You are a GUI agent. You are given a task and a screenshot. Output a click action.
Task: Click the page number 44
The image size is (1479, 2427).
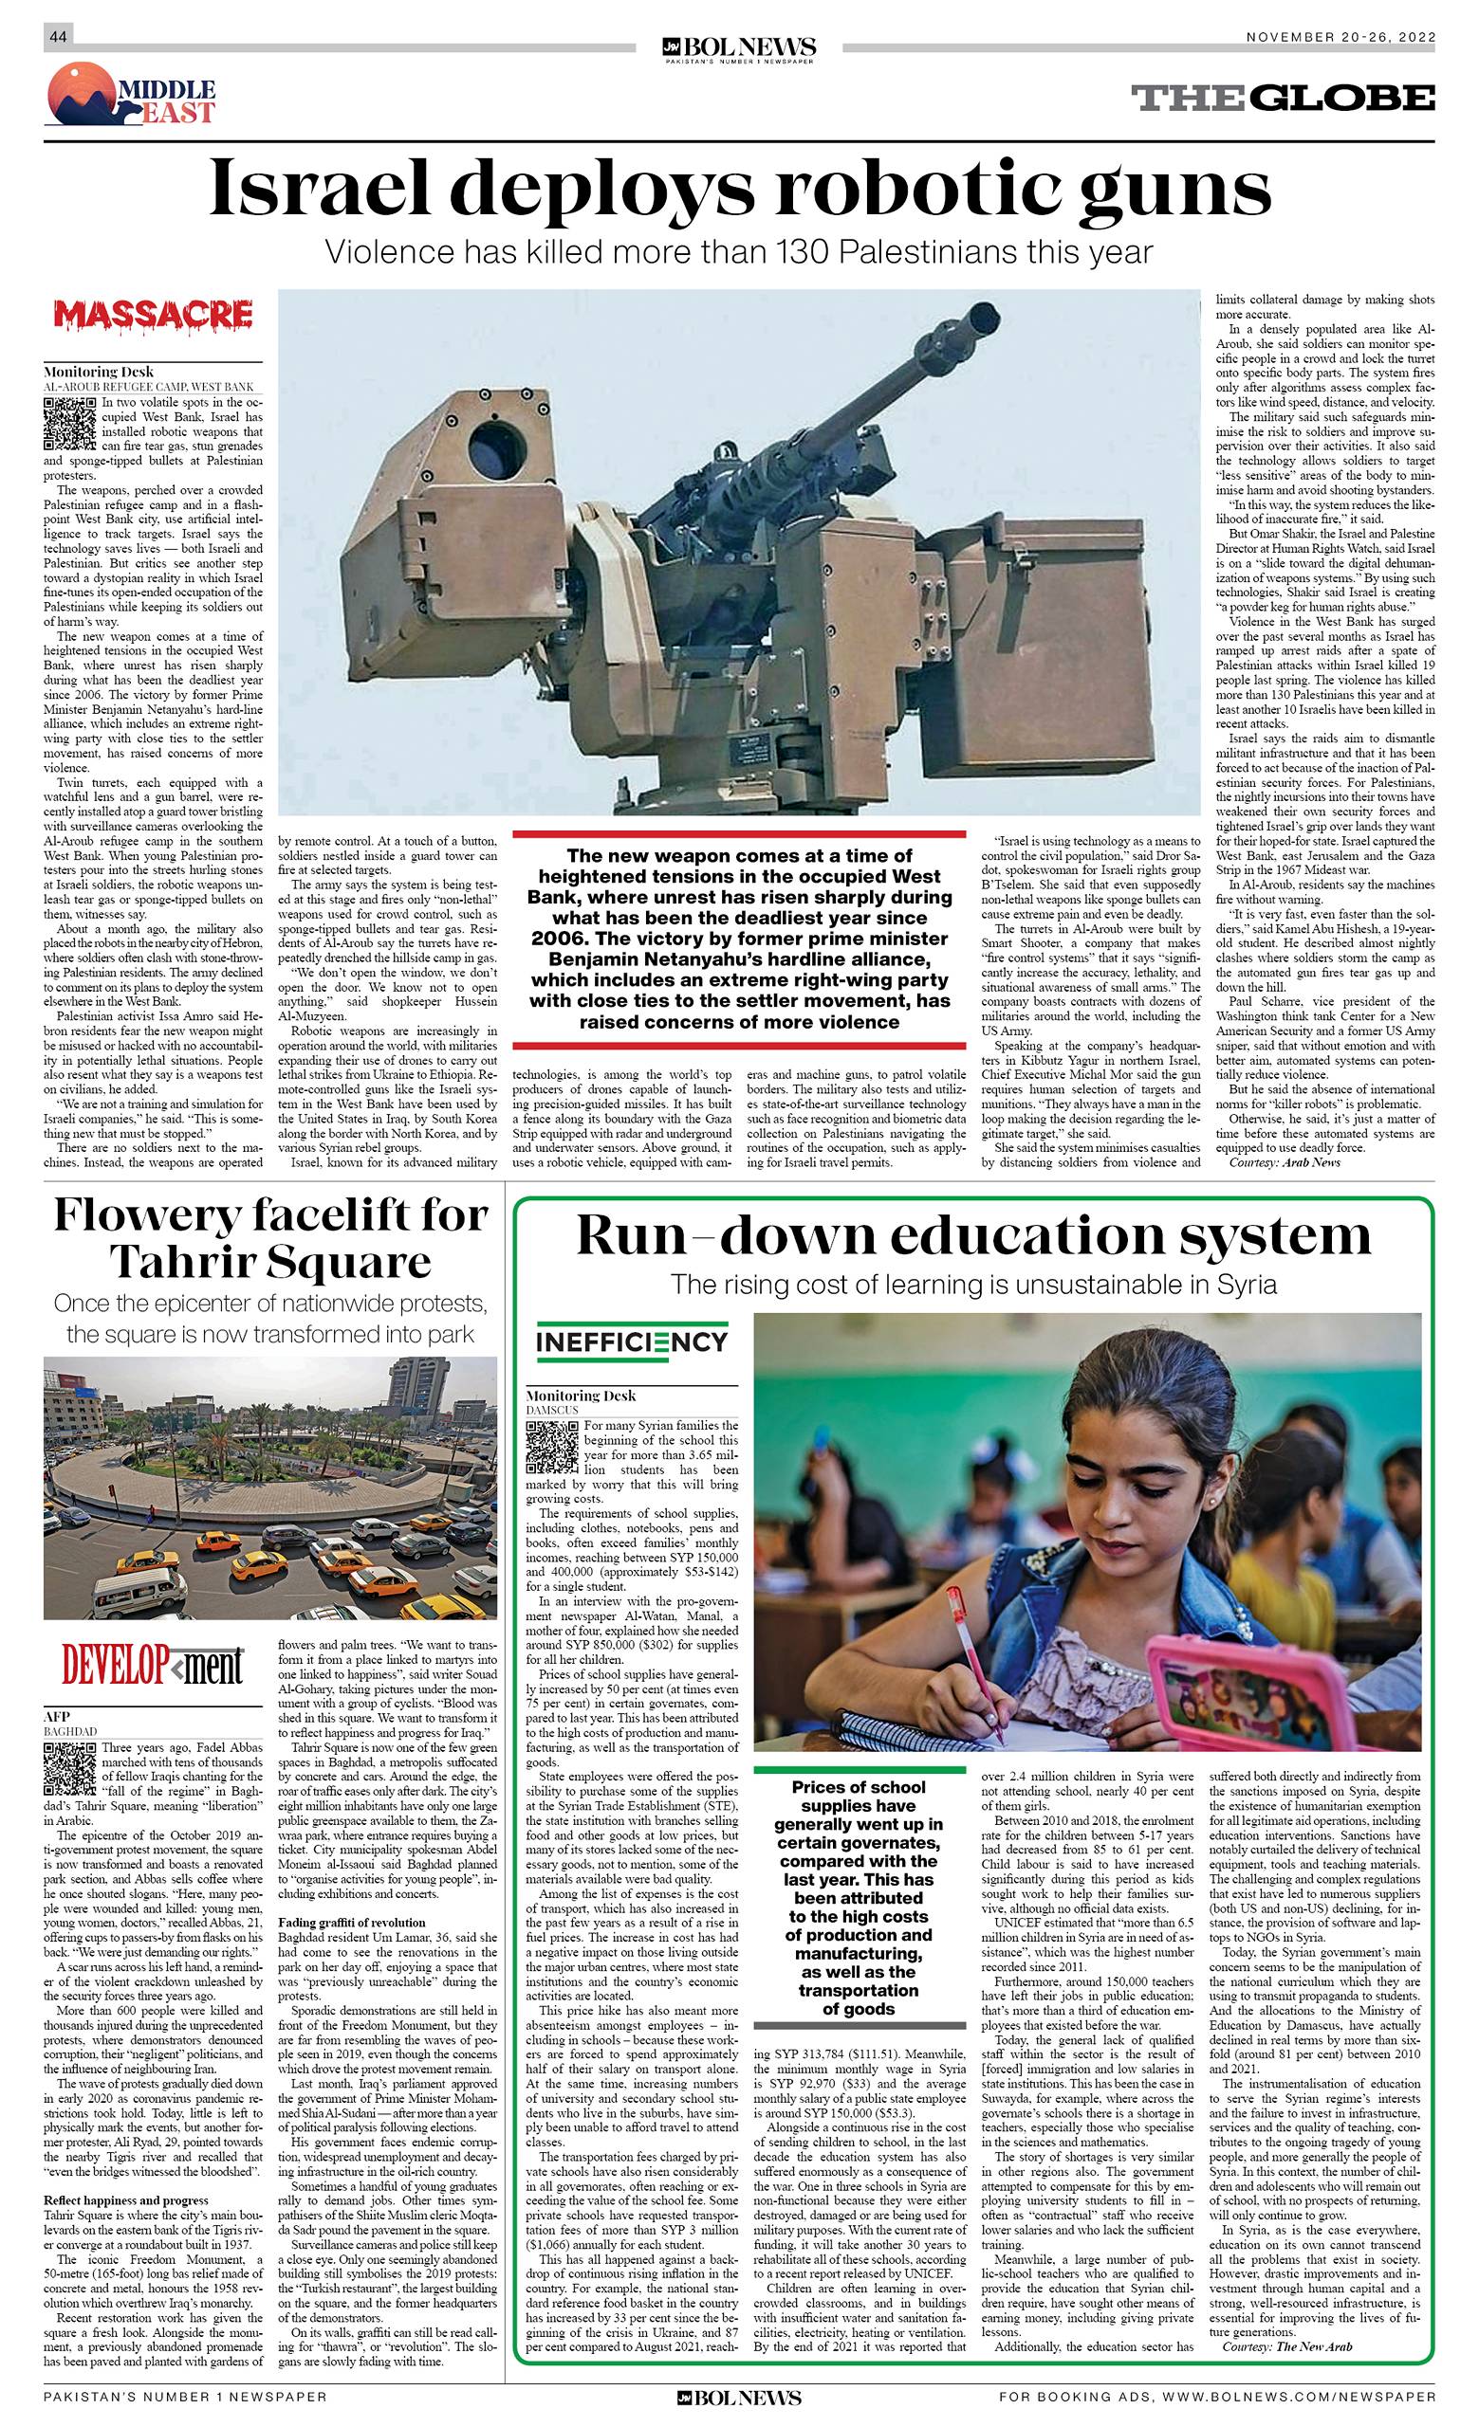(x=57, y=37)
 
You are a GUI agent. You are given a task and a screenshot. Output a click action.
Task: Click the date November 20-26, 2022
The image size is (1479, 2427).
(x=1340, y=37)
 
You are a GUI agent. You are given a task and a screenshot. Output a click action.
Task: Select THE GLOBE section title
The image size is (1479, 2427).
(x=1282, y=98)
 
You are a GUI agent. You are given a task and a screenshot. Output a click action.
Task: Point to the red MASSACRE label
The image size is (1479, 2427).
(x=154, y=315)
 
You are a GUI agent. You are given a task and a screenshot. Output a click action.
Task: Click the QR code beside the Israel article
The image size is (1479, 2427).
(x=70, y=425)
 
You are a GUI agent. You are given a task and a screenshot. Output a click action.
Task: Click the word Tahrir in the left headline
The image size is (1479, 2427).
(x=183, y=1262)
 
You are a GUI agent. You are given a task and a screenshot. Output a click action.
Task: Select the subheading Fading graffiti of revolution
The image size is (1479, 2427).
(x=352, y=1922)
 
